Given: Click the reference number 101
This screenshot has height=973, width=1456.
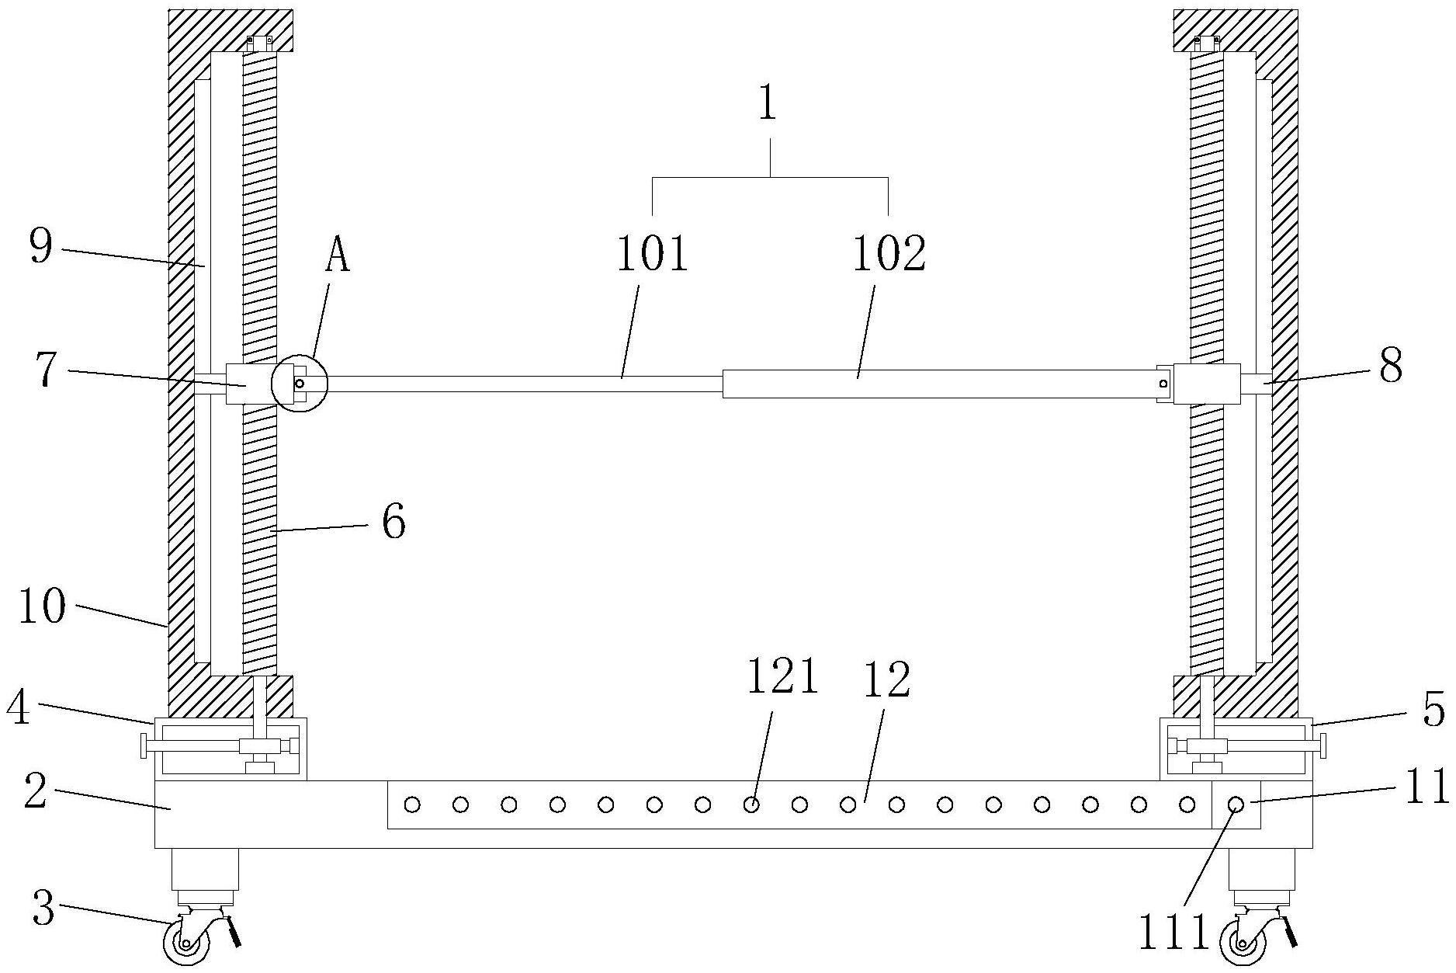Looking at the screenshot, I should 652,254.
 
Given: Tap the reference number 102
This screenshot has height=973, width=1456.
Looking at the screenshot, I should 889,254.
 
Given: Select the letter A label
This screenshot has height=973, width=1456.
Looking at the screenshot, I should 337,257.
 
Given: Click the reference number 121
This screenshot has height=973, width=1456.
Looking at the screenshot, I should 782,677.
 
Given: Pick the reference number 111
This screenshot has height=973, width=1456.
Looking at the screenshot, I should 1173,933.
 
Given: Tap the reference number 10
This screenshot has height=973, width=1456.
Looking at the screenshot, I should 43,606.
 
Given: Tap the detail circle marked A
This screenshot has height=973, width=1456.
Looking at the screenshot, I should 300,384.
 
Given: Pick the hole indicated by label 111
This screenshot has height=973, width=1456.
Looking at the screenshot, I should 1236,805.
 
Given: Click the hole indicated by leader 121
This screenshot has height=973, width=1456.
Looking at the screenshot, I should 751,805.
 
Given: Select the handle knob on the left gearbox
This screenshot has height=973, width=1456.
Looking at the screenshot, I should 144,746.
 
